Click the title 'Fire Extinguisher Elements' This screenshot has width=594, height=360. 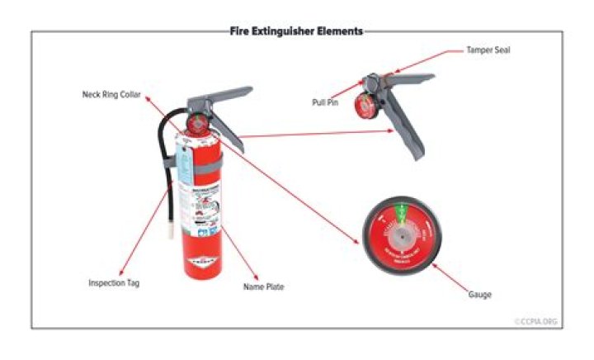click(296, 31)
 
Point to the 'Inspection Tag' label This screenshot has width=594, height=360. click(114, 282)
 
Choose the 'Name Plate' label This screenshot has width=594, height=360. click(263, 287)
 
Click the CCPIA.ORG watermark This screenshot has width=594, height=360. click(537, 321)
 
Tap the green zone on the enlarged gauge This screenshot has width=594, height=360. click(402, 213)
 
